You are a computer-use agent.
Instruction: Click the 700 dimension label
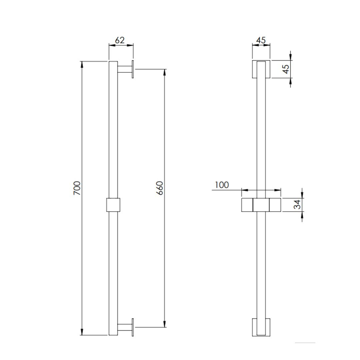[x=77, y=188]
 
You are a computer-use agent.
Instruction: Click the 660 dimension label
[x=159, y=188]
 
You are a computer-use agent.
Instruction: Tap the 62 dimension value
[x=120, y=40]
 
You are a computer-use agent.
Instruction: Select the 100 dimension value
[x=222, y=185]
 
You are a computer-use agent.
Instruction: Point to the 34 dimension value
[x=297, y=204]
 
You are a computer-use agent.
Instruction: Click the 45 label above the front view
[x=261, y=40]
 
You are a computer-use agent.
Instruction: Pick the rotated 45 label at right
[x=286, y=69]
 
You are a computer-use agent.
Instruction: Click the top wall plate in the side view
[x=133, y=69]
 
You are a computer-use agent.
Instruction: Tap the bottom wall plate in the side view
[x=133, y=327]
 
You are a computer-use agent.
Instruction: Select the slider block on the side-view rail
[x=113, y=204]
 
